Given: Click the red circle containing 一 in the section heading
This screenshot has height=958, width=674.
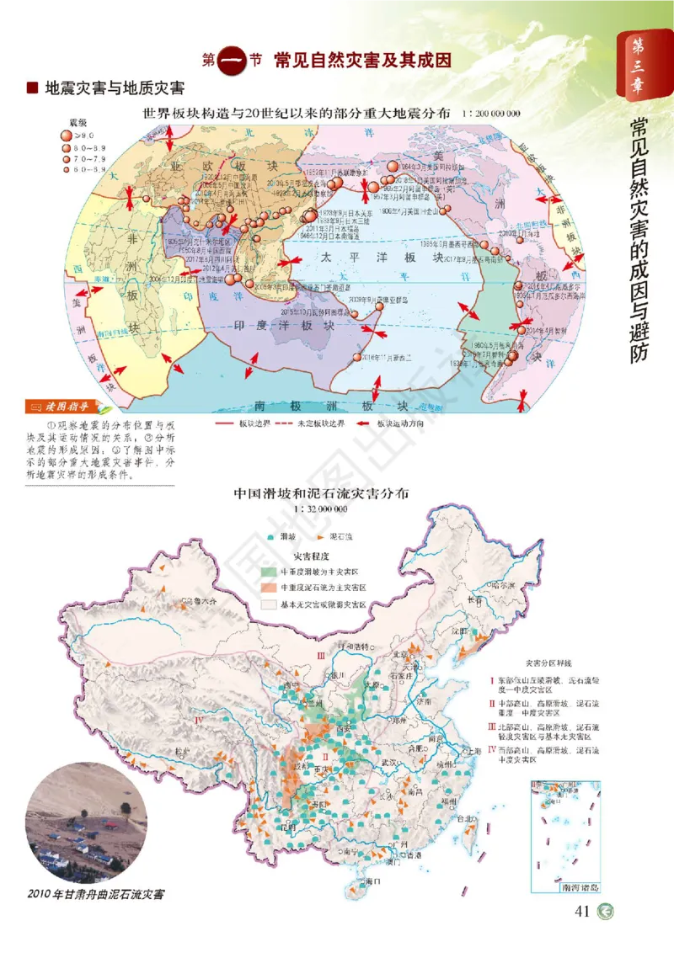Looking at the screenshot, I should tap(233, 61).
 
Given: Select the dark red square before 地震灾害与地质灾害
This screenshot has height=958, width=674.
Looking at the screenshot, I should tap(33, 88).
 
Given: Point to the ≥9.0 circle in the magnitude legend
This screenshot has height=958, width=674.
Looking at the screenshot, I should tap(67, 135).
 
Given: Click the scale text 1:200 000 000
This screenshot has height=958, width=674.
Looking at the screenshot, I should tap(491, 112).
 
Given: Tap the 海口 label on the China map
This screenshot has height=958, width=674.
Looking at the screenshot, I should tap(372, 880).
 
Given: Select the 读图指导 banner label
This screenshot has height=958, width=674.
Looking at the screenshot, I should tap(53, 407).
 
